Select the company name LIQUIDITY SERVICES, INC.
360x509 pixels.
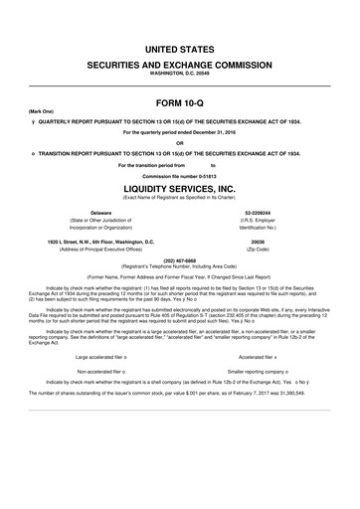coord(179,188)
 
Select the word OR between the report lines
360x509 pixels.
coord(179,142)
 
